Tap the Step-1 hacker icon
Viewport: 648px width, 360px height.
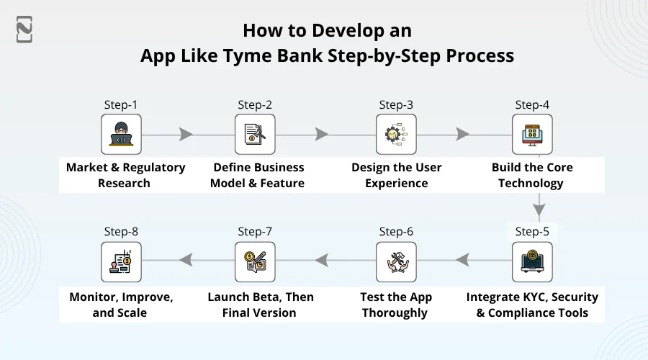(x=121, y=134)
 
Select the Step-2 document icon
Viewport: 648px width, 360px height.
(x=255, y=134)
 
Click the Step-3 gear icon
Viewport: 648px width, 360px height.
(x=396, y=134)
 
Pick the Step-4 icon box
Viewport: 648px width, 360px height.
(x=532, y=134)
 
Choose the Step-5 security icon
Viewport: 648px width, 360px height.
(x=532, y=262)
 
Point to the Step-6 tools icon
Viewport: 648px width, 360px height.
(x=396, y=262)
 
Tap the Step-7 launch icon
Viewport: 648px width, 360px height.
(x=255, y=262)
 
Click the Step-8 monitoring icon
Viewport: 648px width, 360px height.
(x=121, y=262)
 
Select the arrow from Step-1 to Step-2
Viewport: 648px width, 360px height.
(x=186, y=134)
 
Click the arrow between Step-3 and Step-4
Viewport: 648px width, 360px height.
(x=462, y=134)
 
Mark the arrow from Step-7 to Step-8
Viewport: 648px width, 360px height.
(x=185, y=258)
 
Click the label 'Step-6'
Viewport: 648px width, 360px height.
(x=396, y=232)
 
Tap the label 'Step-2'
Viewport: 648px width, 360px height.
(x=255, y=104)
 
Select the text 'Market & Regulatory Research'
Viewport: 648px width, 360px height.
(x=125, y=175)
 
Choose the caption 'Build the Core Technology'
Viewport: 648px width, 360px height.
(x=532, y=175)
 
